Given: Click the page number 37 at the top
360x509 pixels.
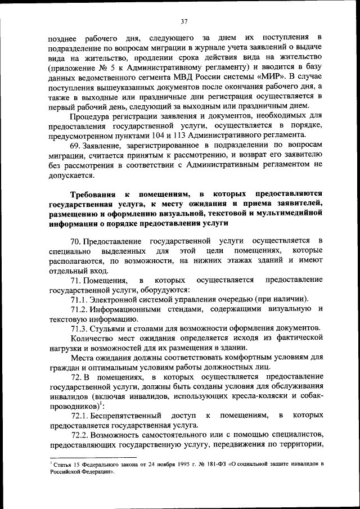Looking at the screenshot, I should [x=183, y=22].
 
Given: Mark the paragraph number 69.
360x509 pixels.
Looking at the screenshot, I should [x=76, y=145].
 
